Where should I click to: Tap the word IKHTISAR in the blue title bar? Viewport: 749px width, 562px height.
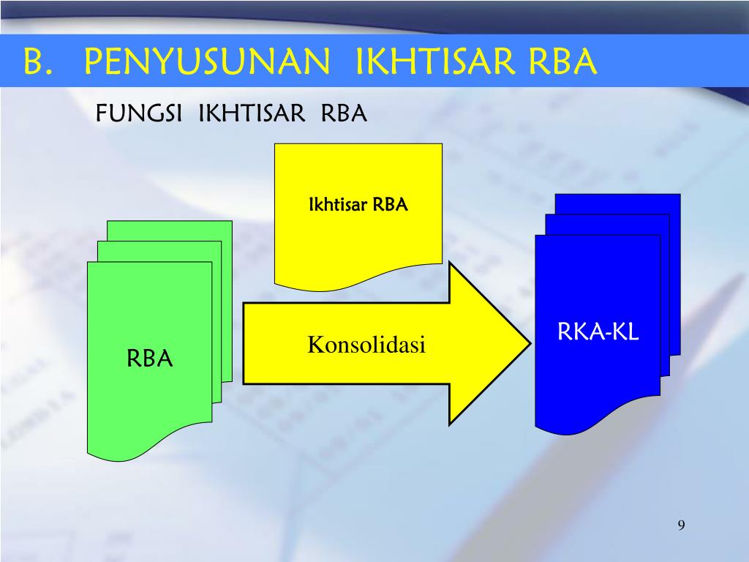coord(425,62)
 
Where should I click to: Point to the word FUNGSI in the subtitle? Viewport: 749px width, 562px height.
coord(139,114)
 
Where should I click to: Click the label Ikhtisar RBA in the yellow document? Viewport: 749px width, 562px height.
coord(357,204)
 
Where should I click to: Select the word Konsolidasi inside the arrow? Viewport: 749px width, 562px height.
coord(366,344)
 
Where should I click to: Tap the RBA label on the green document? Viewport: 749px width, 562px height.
coord(149,359)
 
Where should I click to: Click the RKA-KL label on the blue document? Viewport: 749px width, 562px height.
coord(598,333)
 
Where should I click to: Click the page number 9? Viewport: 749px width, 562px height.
coord(681,525)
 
